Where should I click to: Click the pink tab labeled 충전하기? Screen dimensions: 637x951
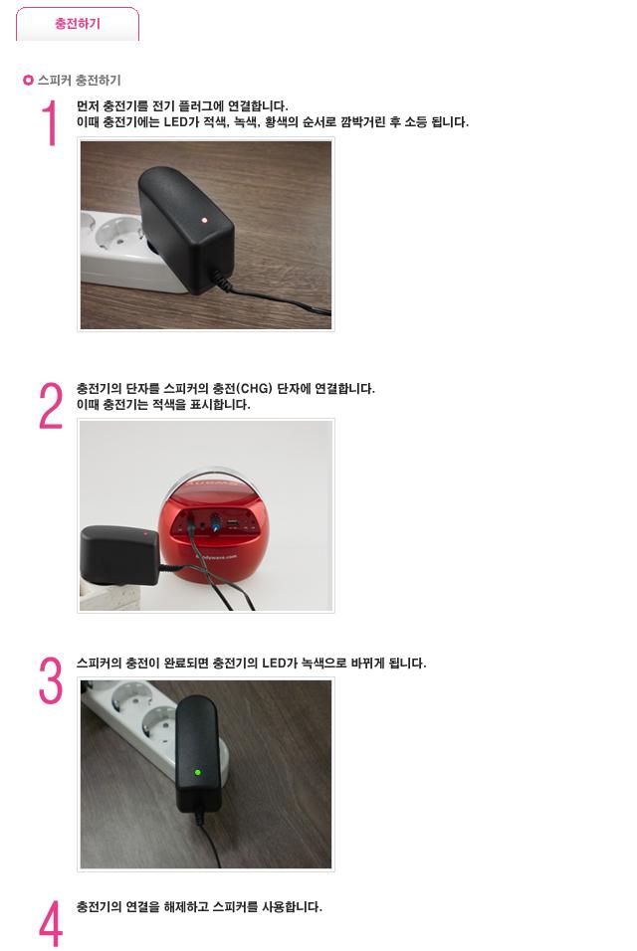pos(77,24)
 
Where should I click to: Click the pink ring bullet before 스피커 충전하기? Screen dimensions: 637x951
pos(28,80)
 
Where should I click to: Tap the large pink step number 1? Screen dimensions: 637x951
pos(50,123)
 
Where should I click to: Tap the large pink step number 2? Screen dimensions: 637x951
pos(51,405)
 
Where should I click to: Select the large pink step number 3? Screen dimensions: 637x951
pos(51,680)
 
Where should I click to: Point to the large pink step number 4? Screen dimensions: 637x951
pos(51,923)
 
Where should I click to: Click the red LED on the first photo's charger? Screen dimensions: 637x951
pos(204,220)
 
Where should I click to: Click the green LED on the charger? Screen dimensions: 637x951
pos(197,773)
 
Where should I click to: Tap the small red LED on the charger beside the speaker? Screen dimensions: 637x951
pos(145,534)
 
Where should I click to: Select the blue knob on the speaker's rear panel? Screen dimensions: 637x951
pos(215,523)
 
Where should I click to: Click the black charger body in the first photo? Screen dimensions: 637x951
pos(185,229)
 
